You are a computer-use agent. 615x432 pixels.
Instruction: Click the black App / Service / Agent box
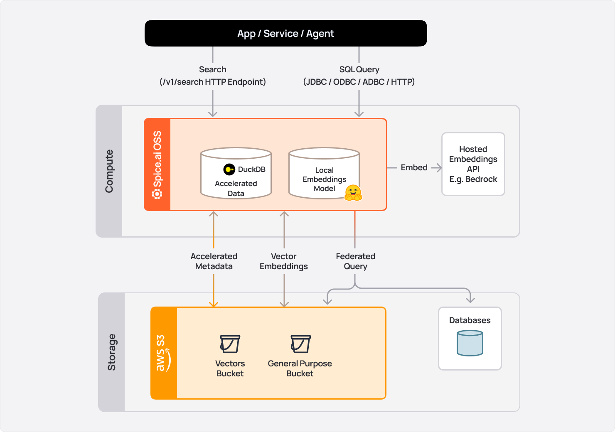285,33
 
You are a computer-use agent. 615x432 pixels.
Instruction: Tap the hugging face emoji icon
353,193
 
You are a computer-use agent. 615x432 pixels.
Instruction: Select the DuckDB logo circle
229,169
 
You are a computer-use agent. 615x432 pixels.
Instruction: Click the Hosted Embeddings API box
473,164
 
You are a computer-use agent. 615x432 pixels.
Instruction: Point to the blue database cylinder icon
470,343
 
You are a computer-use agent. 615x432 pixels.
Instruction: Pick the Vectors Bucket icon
230,344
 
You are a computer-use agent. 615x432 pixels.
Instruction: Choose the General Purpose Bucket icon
300,344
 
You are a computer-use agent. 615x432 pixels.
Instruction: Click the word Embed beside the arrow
414,167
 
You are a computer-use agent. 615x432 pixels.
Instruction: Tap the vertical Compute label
109,171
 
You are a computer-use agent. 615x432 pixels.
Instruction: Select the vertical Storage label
111,352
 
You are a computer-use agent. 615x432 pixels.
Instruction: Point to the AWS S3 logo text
161,353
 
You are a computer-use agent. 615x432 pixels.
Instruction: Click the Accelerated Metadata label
214,261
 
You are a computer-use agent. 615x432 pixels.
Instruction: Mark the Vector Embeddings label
284,261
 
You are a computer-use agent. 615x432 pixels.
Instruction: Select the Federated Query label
355,261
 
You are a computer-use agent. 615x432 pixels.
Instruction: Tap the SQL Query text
359,69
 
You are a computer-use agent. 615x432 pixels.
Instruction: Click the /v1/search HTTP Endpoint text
213,82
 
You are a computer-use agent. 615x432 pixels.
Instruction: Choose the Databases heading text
470,320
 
